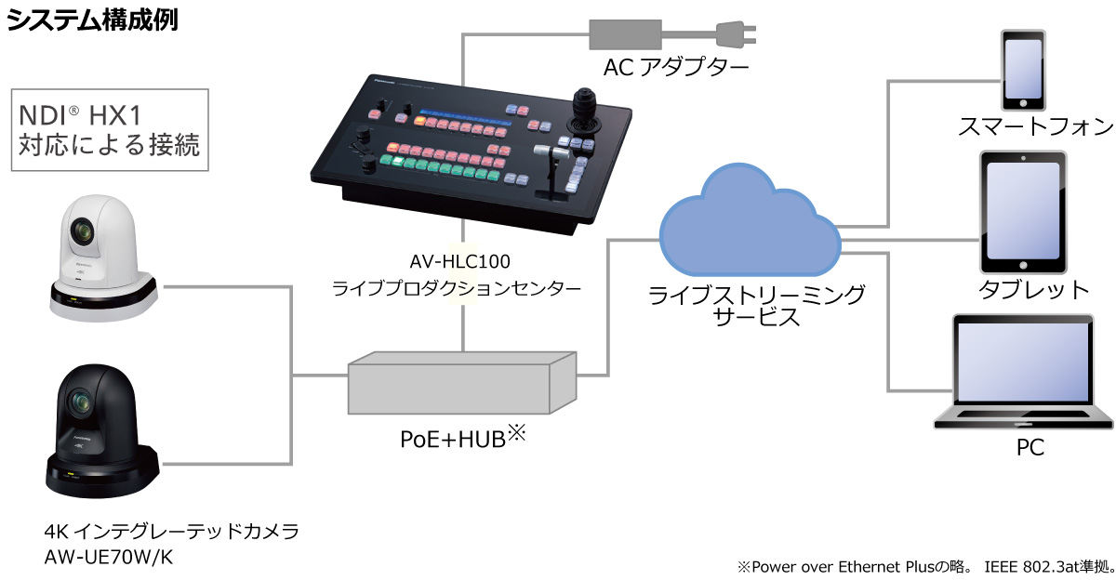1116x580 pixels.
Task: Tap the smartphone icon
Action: pyautogui.click(x=1020, y=70)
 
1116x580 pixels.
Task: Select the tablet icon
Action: pyautogui.click(x=1022, y=212)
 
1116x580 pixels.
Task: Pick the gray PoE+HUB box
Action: pyautogui.click(x=461, y=382)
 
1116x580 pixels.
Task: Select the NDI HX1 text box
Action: pyautogui.click(x=109, y=130)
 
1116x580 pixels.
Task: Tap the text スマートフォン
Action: pyautogui.click(x=1035, y=126)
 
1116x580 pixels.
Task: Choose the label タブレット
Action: pyautogui.click(x=1033, y=289)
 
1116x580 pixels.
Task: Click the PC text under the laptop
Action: pyautogui.click(x=1030, y=448)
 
